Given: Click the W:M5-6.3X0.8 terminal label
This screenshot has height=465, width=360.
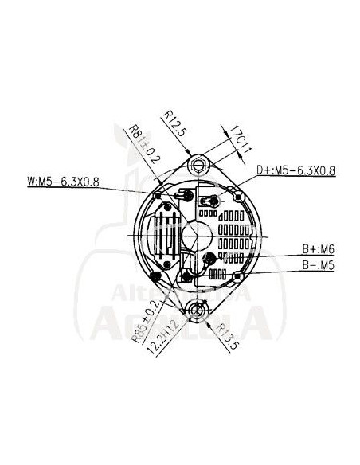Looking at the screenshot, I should pyautogui.click(x=63, y=181).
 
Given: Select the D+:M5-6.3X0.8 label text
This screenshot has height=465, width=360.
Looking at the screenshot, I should pyautogui.click(x=296, y=170).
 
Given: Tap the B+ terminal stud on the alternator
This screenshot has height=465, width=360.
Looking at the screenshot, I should pyautogui.click(x=209, y=259).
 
